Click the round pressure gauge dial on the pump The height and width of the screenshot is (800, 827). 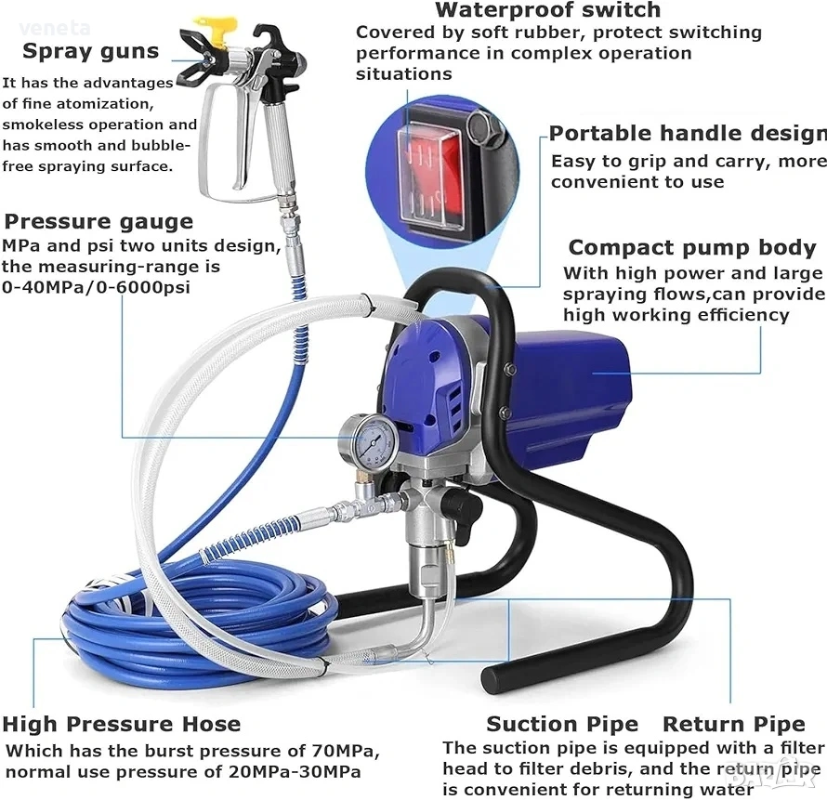pyautogui.click(x=369, y=441)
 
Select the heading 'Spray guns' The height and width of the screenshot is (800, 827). pyautogui.click(x=91, y=52)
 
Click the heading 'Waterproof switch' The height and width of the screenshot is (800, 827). pyautogui.click(x=547, y=10)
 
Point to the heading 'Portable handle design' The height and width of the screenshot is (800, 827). pyautogui.click(x=688, y=134)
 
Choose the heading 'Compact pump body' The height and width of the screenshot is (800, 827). pyautogui.click(x=692, y=247)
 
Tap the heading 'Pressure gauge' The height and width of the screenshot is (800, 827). pyautogui.click(x=98, y=221)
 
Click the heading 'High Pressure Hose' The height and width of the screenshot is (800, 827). pyautogui.click(x=122, y=724)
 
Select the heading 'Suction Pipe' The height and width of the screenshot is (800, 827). pyautogui.click(x=562, y=724)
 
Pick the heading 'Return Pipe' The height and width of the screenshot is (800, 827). pyautogui.click(x=734, y=724)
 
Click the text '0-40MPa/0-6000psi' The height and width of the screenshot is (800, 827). pyautogui.click(x=96, y=287)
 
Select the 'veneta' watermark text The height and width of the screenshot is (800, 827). pyautogui.click(x=55, y=28)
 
